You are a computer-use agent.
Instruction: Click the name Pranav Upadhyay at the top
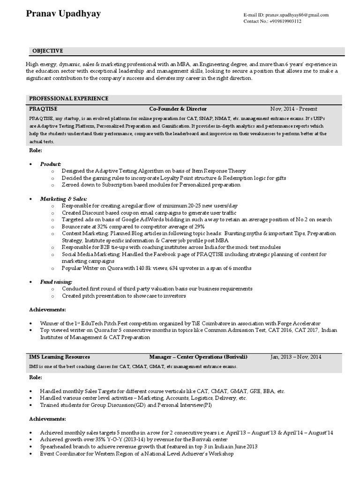(x=63, y=14)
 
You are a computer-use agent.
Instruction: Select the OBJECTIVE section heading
(x=47, y=51)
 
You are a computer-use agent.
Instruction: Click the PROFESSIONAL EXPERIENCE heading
(x=68, y=98)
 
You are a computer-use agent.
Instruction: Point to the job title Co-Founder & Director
(x=178, y=108)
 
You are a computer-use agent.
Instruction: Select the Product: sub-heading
(x=51, y=164)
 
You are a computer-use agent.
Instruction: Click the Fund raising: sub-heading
(x=56, y=282)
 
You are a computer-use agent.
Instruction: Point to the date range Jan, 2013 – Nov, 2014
(x=296, y=357)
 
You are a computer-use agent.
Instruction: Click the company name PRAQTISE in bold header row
(x=43, y=108)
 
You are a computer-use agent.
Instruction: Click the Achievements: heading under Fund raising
(x=47, y=310)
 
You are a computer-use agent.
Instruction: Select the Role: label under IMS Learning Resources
(x=36, y=377)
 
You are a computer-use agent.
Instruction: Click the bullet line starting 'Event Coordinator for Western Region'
(x=136, y=454)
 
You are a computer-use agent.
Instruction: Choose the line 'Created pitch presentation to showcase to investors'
(x=124, y=296)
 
